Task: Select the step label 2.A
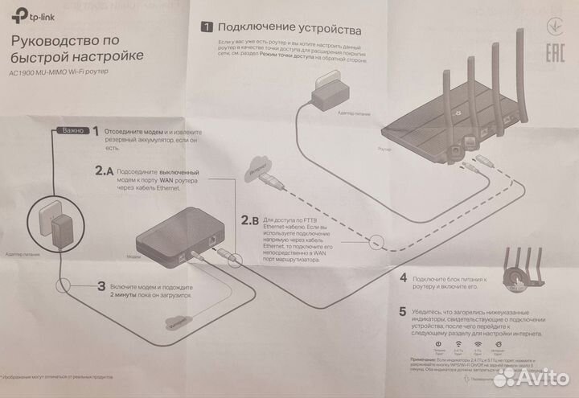104,170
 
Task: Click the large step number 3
101,285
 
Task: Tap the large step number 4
403,278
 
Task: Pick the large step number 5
403,310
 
